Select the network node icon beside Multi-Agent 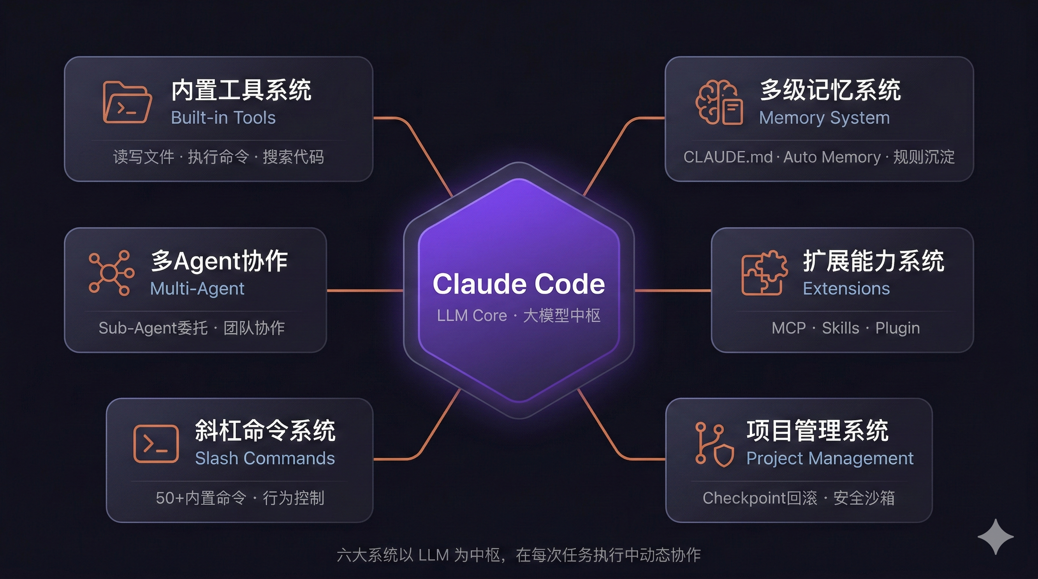coord(111,273)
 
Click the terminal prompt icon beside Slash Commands coord(156,444)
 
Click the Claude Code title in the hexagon coord(519,284)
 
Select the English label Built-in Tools coord(223,118)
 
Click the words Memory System coord(825,118)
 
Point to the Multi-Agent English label coord(197,289)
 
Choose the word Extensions coord(846,289)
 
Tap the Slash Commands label coord(265,458)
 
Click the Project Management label coord(830,459)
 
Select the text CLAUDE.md coord(728,157)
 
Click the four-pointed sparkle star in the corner coord(995,537)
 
